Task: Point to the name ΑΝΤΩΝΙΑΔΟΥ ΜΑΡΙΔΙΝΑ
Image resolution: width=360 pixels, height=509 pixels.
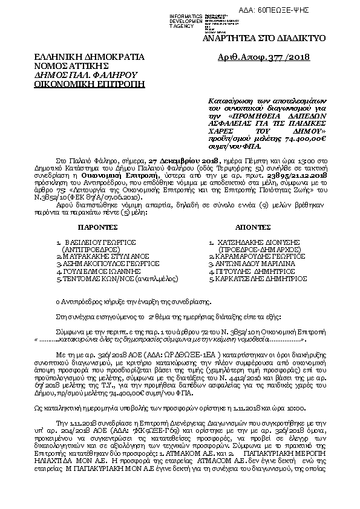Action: [x=257, y=264]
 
